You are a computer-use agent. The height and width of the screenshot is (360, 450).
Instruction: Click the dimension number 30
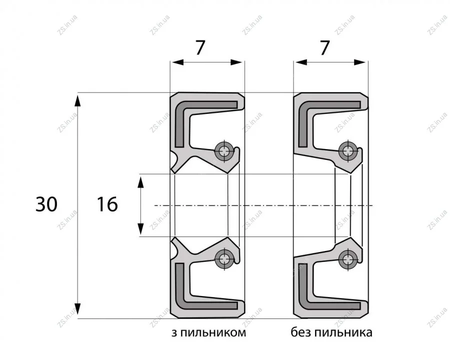[x=46, y=204]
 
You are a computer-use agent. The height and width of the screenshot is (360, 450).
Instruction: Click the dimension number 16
[x=107, y=204]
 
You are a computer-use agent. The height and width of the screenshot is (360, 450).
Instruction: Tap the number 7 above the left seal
[x=200, y=47]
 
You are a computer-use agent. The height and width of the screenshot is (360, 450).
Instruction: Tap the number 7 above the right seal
[x=324, y=48]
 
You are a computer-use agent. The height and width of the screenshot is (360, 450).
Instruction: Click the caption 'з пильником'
[x=208, y=332]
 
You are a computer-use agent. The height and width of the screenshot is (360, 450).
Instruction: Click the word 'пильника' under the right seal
[x=343, y=332]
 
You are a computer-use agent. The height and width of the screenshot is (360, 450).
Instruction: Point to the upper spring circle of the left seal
[x=224, y=150]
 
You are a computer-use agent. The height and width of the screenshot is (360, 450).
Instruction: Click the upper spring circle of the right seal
[x=348, y=150]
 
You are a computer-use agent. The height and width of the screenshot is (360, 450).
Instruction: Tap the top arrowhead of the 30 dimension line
[x=78, y=101]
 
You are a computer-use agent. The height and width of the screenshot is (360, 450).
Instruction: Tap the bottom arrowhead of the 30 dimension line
[x=78, y=310]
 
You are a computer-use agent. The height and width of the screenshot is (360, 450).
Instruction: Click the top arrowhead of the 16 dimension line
[x=140, y=182]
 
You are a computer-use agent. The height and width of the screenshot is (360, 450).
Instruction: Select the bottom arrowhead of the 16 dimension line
[x=140, y=228]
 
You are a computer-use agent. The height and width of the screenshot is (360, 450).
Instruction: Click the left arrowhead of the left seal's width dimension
[x=177, y=62]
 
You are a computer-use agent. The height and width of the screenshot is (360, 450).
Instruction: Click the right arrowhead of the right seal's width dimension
[x=361, y=62]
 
